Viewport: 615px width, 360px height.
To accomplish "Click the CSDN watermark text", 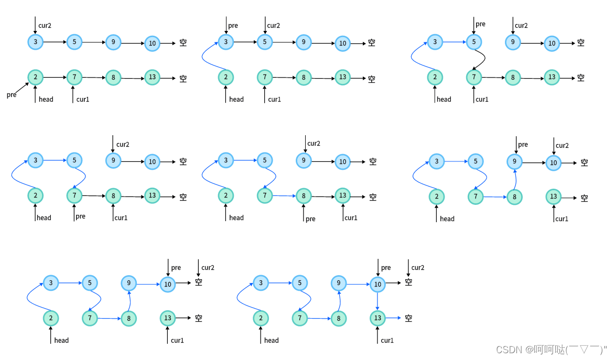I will (551, 350).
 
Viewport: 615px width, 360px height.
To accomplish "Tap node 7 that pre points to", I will (74, 196).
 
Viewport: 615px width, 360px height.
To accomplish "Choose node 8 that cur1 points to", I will (113, 197).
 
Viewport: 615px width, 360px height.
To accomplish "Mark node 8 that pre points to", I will (304, 197).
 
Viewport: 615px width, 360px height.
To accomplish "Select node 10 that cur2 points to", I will (553, 163).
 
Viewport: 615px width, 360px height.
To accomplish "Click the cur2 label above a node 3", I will (45, 25).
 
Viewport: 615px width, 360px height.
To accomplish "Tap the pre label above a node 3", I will (233, 25).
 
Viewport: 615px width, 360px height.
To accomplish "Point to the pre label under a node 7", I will (80, 216).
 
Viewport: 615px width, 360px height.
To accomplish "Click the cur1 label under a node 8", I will (121, 218).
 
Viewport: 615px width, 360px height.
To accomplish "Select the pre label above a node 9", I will (523, 145).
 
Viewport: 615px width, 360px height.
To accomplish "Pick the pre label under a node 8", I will (310, 219).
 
